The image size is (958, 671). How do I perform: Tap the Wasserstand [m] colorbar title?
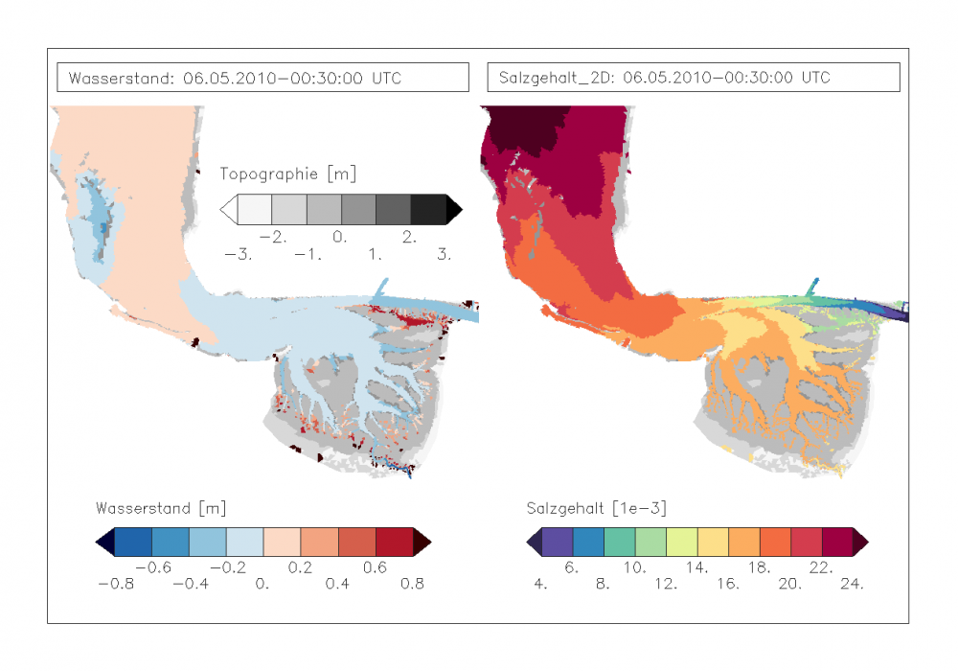[161, 507]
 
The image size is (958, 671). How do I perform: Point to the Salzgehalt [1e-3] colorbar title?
[596, 507]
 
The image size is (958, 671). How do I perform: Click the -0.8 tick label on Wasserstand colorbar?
[115, 583]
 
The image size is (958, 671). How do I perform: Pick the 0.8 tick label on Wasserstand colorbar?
[411, 583]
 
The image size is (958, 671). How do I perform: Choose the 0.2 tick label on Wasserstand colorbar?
[300, 567]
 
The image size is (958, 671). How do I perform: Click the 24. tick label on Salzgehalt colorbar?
[852, 583]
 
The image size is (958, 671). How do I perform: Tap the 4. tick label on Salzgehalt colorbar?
[540, 583]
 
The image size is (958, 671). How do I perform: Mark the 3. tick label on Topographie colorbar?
[444, 255]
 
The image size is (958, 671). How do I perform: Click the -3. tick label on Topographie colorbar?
[237, 255]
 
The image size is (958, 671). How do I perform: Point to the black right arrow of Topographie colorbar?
[453, 208]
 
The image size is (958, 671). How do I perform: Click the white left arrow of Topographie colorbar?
[229, 208]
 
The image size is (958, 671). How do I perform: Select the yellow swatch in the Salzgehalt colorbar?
[713, 543]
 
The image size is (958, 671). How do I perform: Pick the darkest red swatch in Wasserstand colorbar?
[394, 543]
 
